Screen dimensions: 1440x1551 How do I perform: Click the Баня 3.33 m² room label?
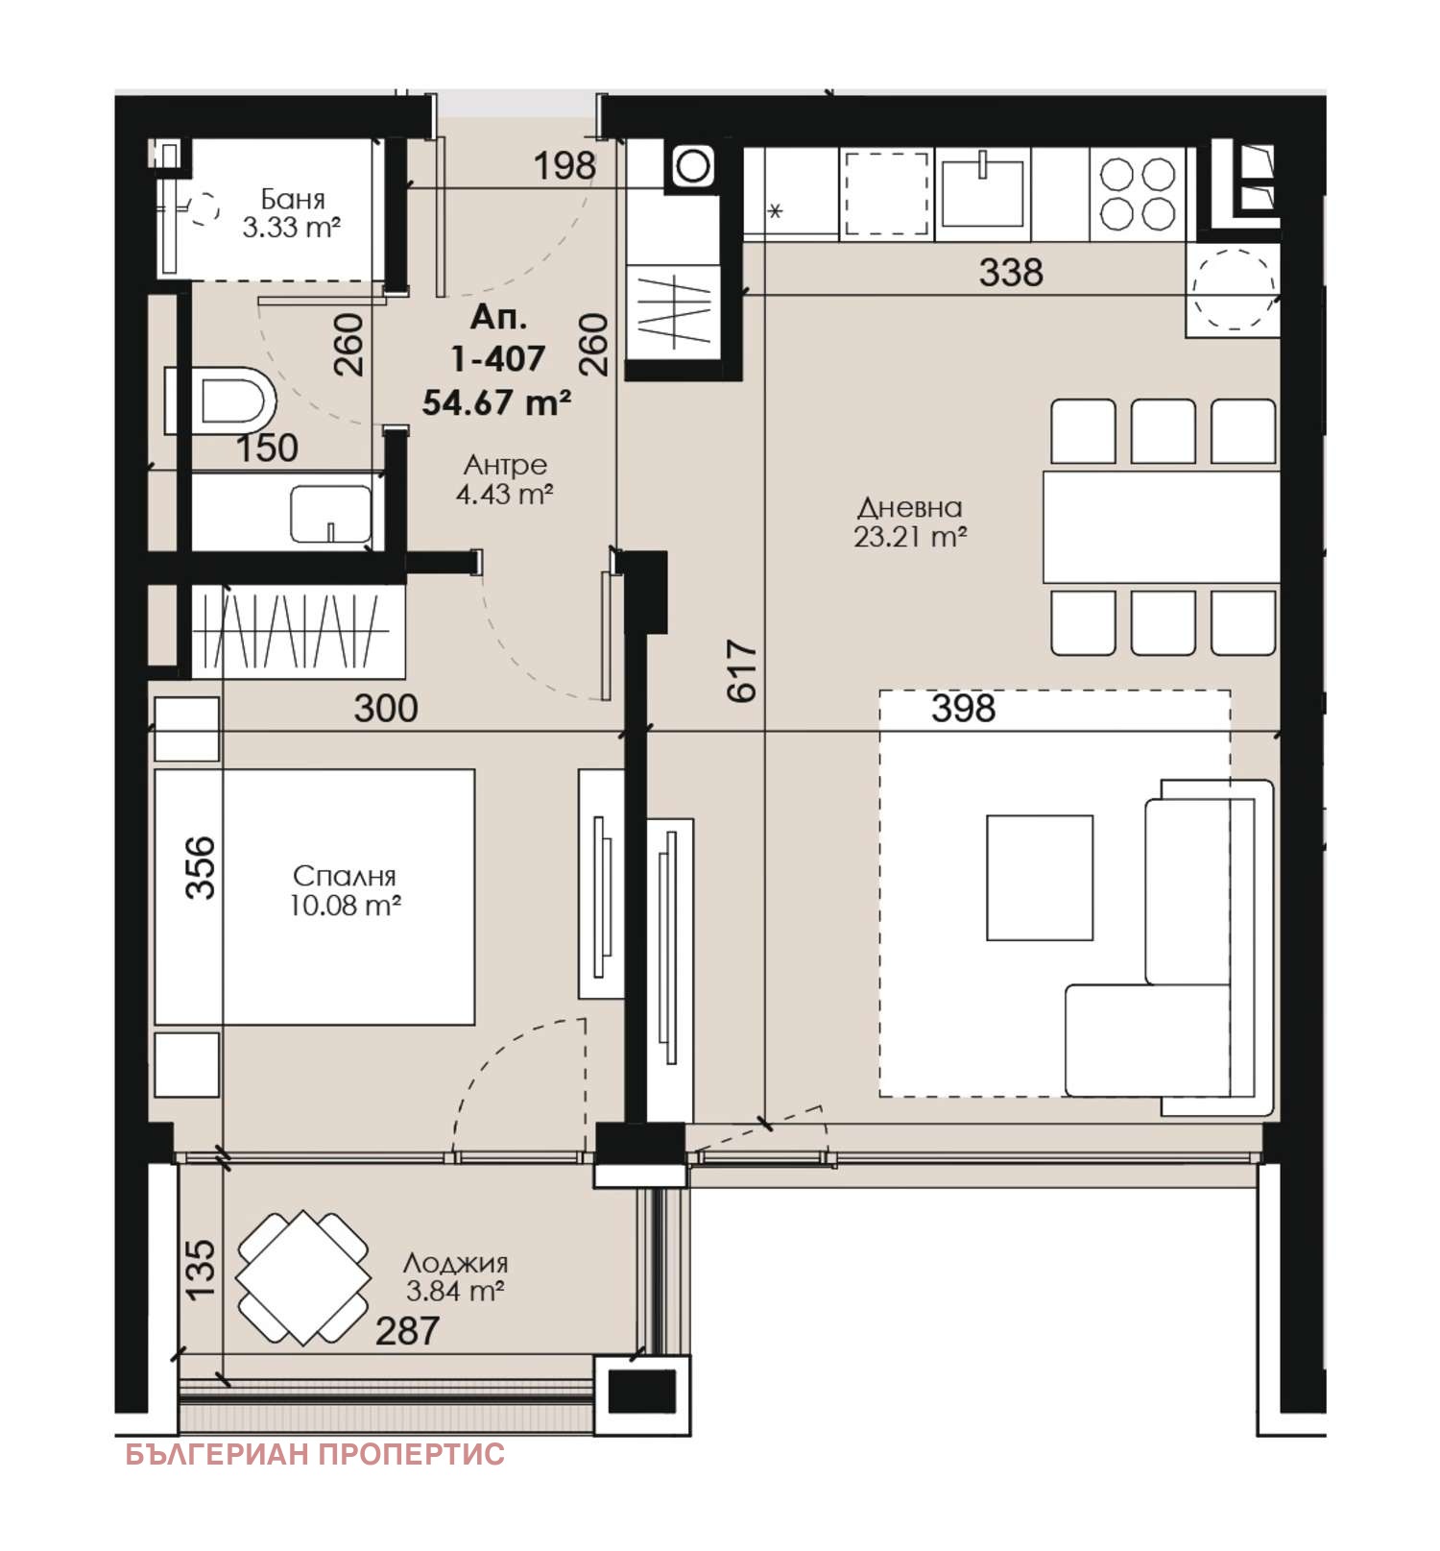[292, 213]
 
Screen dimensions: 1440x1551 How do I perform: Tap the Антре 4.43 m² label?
[504, 479]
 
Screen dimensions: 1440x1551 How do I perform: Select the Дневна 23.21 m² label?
[910, 521]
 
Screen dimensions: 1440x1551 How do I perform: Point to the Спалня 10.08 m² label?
[345, 890]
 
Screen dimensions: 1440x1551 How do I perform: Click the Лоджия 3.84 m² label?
[455, 1276]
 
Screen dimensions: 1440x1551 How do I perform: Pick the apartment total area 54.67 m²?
[496, 402]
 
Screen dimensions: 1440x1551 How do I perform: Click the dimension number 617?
[742, 671]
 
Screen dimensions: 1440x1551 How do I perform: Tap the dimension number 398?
[963, 709]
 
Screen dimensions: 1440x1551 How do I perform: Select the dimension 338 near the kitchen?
[1011, 273]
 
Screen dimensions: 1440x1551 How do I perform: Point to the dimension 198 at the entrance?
[564, 166]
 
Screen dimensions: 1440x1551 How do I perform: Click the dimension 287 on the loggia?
[407, 1331]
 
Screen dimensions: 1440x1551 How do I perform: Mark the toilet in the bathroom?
[221, 400]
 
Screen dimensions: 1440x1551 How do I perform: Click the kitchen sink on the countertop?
[982, 192]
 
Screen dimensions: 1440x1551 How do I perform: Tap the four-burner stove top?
[1138, 193]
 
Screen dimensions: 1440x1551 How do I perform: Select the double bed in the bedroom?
[315, 897]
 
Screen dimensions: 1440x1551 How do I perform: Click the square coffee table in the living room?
[1040, 878]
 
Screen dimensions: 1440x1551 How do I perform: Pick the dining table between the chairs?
[1162, 526]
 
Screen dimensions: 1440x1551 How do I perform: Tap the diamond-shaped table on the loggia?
[303, 1278]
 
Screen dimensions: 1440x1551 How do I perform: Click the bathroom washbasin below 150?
[330, 514]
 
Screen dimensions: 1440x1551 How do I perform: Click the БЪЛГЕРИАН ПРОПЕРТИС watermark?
[315, 1455]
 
